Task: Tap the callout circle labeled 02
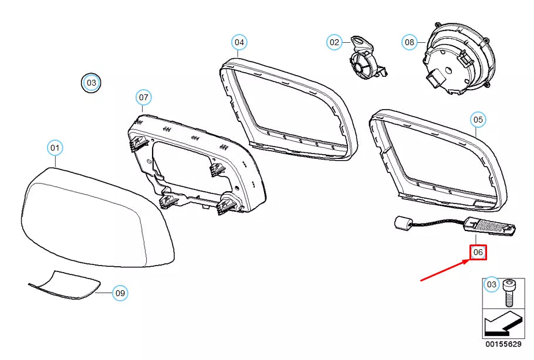[x=334, y=42]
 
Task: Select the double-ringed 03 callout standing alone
[x=92, y=83]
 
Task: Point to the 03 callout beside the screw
[x=492, y=285]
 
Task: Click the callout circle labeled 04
[x=239, y=42]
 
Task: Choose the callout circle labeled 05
[x=478, y=120]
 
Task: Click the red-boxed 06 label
[x=478, y=252]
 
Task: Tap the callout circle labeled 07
[x=144, y=97]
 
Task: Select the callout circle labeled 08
[x=410, y=42]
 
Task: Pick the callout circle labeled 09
[x=120, y=293]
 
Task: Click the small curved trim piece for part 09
[x=65, y=284]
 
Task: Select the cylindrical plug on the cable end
[x=401, y=223]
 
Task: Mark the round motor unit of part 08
[x=458, y=62]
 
